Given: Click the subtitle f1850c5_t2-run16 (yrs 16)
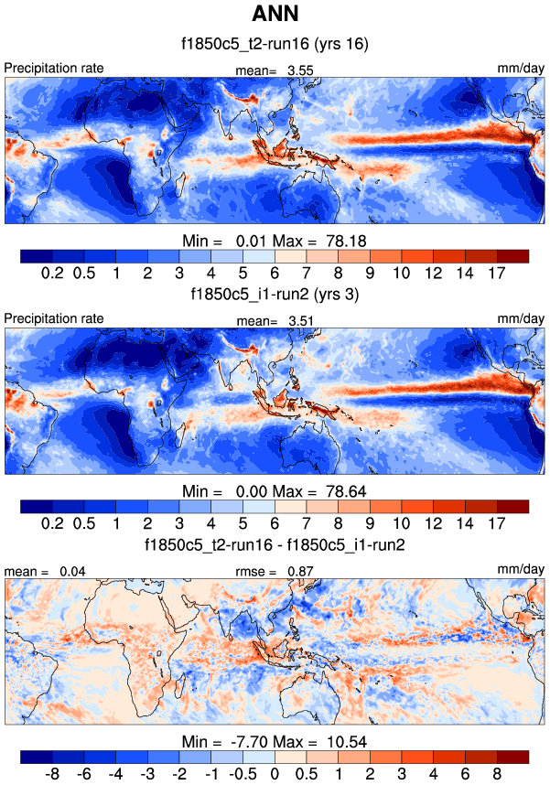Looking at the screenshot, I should click(x=275, y=44).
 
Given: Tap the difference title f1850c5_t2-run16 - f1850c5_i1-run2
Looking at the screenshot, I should click(x=275, y=545).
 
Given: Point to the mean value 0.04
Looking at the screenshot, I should click(x=71, y=571).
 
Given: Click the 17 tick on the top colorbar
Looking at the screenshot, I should click(x=498, y=273).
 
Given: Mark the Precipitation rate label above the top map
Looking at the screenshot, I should click(x=54, y=69).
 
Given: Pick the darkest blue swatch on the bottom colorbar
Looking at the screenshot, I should click(x=36, y=758).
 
